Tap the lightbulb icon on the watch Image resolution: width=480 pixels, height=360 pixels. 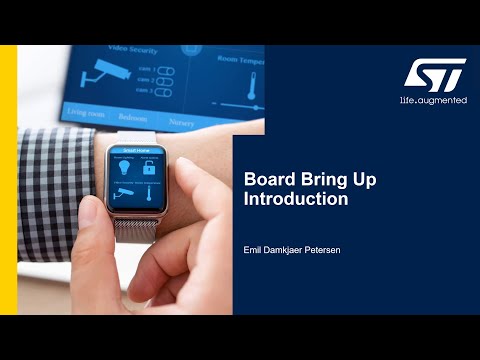(x=124, y=168)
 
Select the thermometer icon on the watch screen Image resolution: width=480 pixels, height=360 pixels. (x=153, y=193)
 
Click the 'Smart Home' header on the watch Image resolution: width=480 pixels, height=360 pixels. (x=138, y=147)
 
